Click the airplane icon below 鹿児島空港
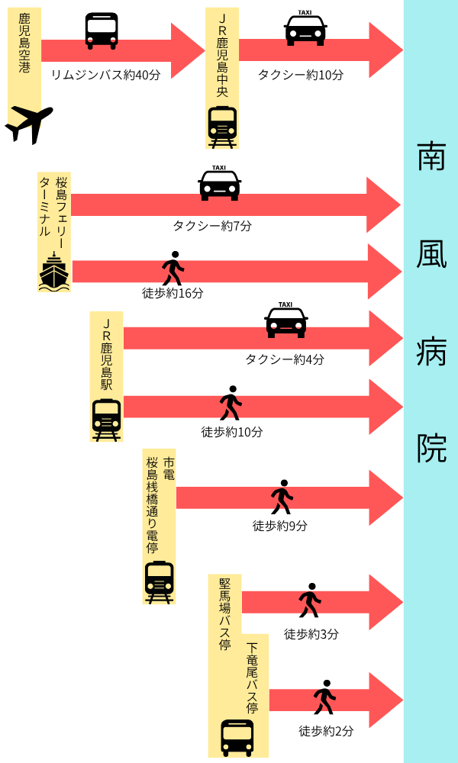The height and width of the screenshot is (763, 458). point(29,124)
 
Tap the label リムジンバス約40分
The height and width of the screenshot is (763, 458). point(105,76)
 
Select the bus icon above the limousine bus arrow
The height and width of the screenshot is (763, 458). point(102,31)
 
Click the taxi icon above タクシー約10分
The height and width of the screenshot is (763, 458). point(305,29)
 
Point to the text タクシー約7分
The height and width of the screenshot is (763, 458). point(212,226)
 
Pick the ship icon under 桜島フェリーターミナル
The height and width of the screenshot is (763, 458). point(54,272)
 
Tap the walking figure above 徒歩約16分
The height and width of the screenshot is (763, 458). point(173,269)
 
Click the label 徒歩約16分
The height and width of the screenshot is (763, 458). point(173,293)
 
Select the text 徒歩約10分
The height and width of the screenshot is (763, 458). point(232,432)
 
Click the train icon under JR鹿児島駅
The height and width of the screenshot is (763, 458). point(107,419)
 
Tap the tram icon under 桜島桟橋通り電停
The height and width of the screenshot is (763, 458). point(159,581)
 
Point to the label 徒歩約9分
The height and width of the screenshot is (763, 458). point(280,526)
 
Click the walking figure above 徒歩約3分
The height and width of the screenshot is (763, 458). point(310,600)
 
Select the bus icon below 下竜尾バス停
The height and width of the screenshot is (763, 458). point(237,737)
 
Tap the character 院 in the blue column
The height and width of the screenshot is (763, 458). point(431,449)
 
